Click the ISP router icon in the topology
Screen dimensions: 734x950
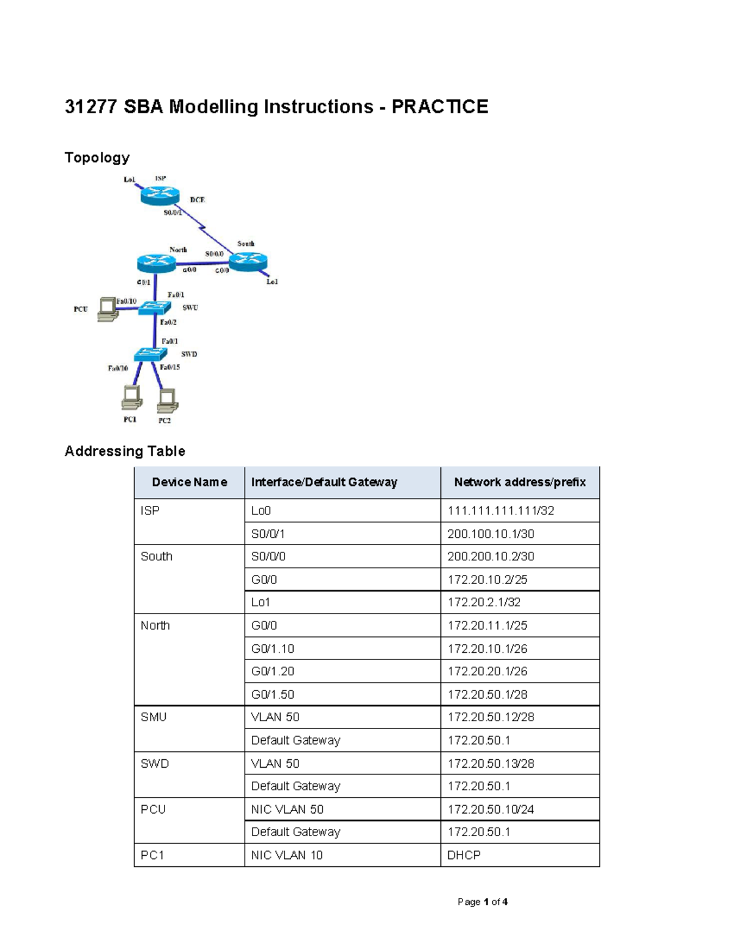click(x=160, y=195)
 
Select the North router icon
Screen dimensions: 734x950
click(x=157, y=263)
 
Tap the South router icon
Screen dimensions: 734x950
click(x=248, y=262)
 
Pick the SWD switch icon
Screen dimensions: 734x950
click(x=150, y=354)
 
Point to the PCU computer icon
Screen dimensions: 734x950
click(x=108, y=309)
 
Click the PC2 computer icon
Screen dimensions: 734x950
click(x=167, y=401)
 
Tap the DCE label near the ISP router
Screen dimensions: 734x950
click(x=197, y=200)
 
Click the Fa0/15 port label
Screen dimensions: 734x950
click(x=170, y=367)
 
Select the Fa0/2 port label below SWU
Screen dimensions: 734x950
click(x=168, y=322)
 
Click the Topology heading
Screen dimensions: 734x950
click(x=97, y=158)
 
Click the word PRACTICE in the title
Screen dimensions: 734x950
click(x=440, y=107)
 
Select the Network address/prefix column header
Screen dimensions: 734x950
click(x=520, y=483)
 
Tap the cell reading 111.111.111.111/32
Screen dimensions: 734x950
click(x=501, y=511)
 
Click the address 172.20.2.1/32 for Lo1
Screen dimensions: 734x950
click(x=484, y=603)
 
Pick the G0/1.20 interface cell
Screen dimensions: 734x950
click(x=273, y=672)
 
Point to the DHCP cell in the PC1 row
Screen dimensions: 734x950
click(x=464, y=855)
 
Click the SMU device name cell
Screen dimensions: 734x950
click(x=154, y=717)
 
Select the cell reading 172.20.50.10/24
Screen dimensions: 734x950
click(x=491, y=809)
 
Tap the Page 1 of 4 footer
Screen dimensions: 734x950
click(x=483, y=902)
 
